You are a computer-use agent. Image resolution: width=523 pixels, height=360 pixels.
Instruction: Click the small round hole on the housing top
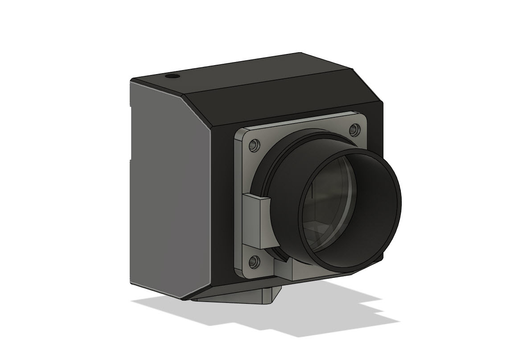coord(172,77)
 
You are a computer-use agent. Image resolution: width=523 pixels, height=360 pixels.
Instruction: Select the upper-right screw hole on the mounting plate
coord(355,129)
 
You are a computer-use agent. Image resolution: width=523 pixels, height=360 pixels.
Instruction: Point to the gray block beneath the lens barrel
coord(303,270)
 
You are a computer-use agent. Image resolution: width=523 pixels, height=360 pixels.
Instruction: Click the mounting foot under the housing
coord(241,296)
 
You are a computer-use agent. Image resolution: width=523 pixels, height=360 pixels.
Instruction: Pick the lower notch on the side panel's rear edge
coord(131,159)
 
